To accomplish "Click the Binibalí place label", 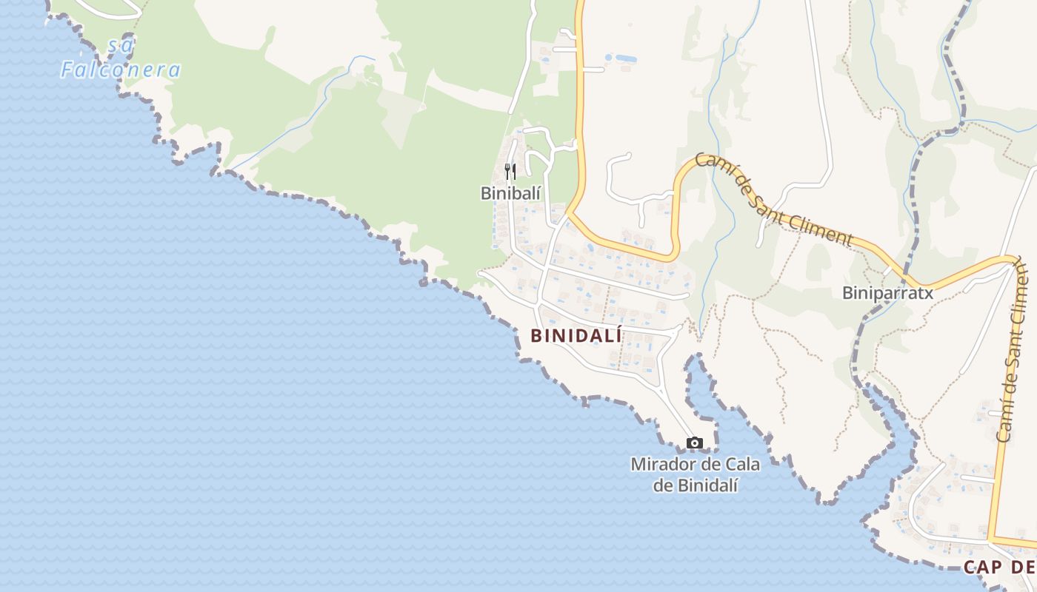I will (512, 193).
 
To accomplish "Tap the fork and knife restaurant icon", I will (510, 172).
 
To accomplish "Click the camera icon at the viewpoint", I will (694, 443).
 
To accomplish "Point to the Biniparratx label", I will (887, 293).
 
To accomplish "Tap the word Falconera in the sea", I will (121, 70).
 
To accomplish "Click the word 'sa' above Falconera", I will (121, 45).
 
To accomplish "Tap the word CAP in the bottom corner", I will (983, 568).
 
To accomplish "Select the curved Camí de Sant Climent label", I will (773, 198).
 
